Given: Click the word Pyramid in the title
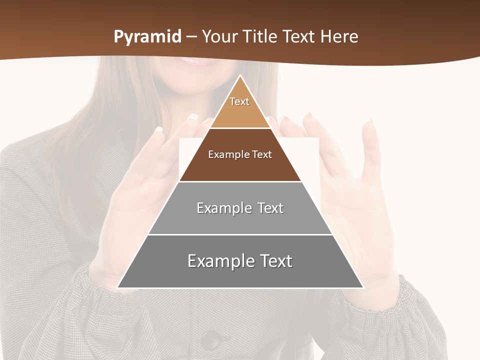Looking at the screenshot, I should click(147, 37).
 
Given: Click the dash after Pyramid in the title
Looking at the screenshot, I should click(191, 37).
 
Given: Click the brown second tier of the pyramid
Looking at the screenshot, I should click(240, 165).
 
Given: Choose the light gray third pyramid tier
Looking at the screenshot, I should click(240, 220).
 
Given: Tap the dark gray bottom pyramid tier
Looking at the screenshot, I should click(240, 275).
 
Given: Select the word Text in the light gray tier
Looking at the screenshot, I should click(270, 208).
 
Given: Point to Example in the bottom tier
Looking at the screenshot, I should click(219, 261).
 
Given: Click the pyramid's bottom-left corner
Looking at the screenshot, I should click(117, 287).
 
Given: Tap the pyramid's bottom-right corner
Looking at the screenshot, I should click(363, 287).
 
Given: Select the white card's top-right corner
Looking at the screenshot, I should click(318, 138).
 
